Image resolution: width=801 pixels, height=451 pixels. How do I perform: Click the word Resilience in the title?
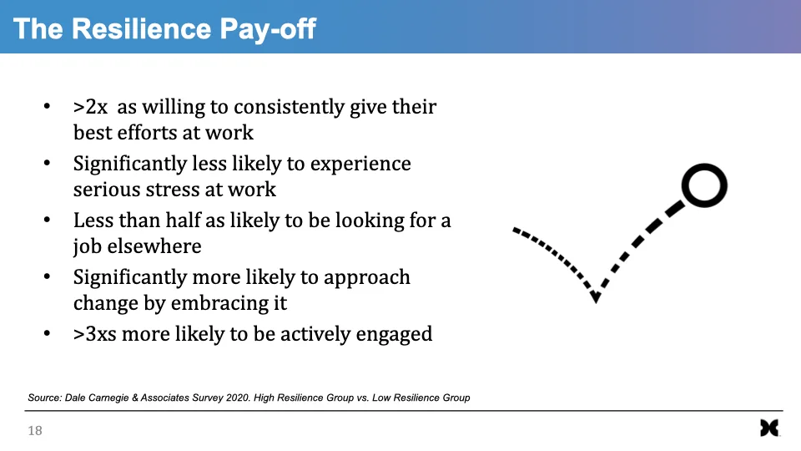pyautogui.click(x=142, y=28)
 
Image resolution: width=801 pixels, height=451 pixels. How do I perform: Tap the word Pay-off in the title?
pyautogui.click(x=268, y=30)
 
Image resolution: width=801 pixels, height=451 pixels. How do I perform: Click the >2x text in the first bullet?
pyautogui.click(x=90, y=108)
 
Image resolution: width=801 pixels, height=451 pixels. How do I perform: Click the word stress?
pyautogui.click(x=173, y=190)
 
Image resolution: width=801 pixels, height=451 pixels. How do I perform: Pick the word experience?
pyautogui.click(x=360, y=165)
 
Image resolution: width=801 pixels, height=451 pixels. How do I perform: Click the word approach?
pyautogui.click(x=367, y=278)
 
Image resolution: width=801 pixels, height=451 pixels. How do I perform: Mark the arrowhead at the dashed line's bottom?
pyautogui.click(x=596, y=296)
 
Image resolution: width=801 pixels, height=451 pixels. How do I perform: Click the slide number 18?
pyautogui.click(x=35, y=431)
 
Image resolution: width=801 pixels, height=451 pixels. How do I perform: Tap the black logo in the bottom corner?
pyautogui.click(x=769, y=428)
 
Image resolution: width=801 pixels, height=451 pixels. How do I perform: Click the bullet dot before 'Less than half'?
pyautogui.click(x=47, y=220)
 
